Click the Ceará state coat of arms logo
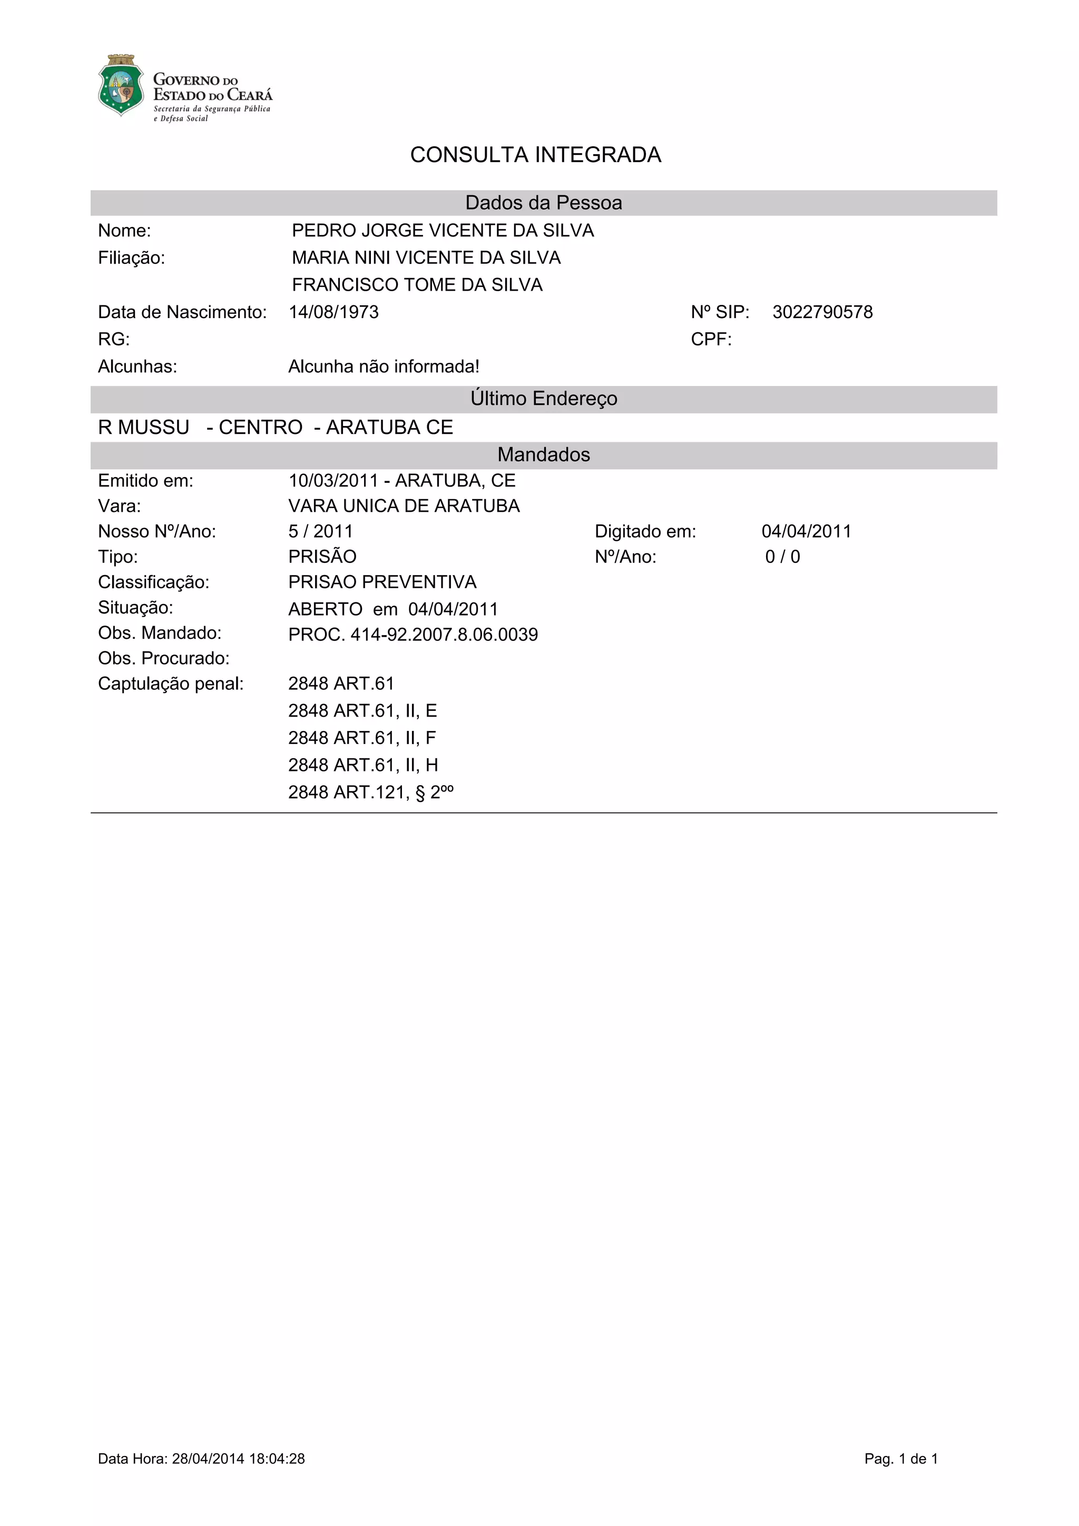(x=120, y=86)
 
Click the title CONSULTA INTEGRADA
(x=535, y=155)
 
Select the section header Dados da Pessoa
(x=543, y=203)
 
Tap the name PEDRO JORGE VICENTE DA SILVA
(x=443, y=231)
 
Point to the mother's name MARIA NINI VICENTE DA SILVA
(x=426, y=258)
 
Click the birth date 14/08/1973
(x=333, y=312)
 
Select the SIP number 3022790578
(x=822, y=312)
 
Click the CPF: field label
(x=711, y=340)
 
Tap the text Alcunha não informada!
(x=384, y=367)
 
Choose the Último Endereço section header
(x=543, y=399)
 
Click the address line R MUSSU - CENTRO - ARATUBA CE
(x=275, y=428)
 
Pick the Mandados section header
(x=543, y=454)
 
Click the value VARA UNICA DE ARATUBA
(x=404, y=507)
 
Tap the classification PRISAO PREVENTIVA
(x=382, y=582)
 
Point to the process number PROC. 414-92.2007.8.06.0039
(x=413, y=635)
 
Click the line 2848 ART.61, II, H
(x=363, y=766)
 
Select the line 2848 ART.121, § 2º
(x=370, y=792)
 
